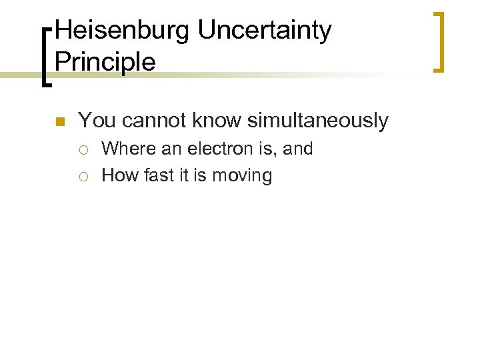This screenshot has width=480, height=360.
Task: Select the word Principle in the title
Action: tap(105, 61)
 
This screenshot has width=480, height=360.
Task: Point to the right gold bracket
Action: tap(439, 41)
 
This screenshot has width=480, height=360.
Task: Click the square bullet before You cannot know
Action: tap(59, 121)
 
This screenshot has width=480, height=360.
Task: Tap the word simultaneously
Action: tap(317, 121)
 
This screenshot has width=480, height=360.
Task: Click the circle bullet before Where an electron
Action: tap(85, 149)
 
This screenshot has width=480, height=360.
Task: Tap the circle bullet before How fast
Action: tap(85, 176)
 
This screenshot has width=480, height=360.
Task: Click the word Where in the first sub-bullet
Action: tap(128, 148)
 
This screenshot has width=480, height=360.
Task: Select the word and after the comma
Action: tap(298, 148)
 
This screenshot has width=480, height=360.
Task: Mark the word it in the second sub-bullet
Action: tap(183, 175)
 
